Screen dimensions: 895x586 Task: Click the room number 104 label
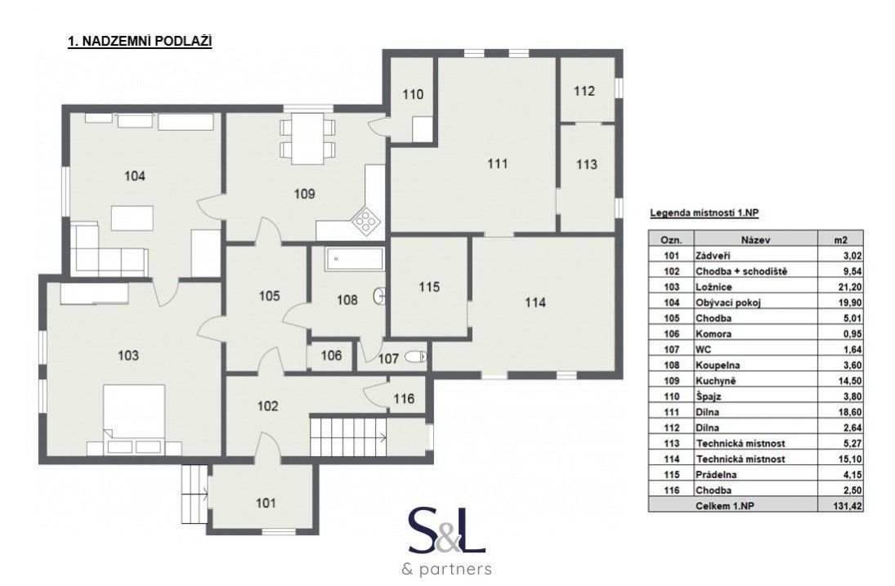tap(135, 176)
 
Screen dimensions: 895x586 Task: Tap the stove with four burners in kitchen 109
tap(365, 220)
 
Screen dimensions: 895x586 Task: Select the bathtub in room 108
tap(354, 260)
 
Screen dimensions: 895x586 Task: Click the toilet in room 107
tap(415, 357)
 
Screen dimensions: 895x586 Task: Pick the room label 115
tap(429, 287)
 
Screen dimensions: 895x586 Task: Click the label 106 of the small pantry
tap(331, 356)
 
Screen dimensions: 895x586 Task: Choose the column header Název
tap(756, 240)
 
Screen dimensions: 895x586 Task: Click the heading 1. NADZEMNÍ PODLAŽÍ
tap(140, 42)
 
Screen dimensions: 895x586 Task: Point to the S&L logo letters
tap(447, 531)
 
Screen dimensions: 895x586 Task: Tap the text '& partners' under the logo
tap(447, 569)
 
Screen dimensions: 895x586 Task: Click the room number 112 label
tap(584, 92)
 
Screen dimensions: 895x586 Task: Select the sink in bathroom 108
tap(379, 296)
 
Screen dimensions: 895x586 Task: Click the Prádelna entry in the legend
tap(716, 474)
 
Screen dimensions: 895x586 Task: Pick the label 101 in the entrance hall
tap(266, 503)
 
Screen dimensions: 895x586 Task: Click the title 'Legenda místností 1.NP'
tap(705, 213)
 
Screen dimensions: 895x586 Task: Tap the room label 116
tap(404, 398)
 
